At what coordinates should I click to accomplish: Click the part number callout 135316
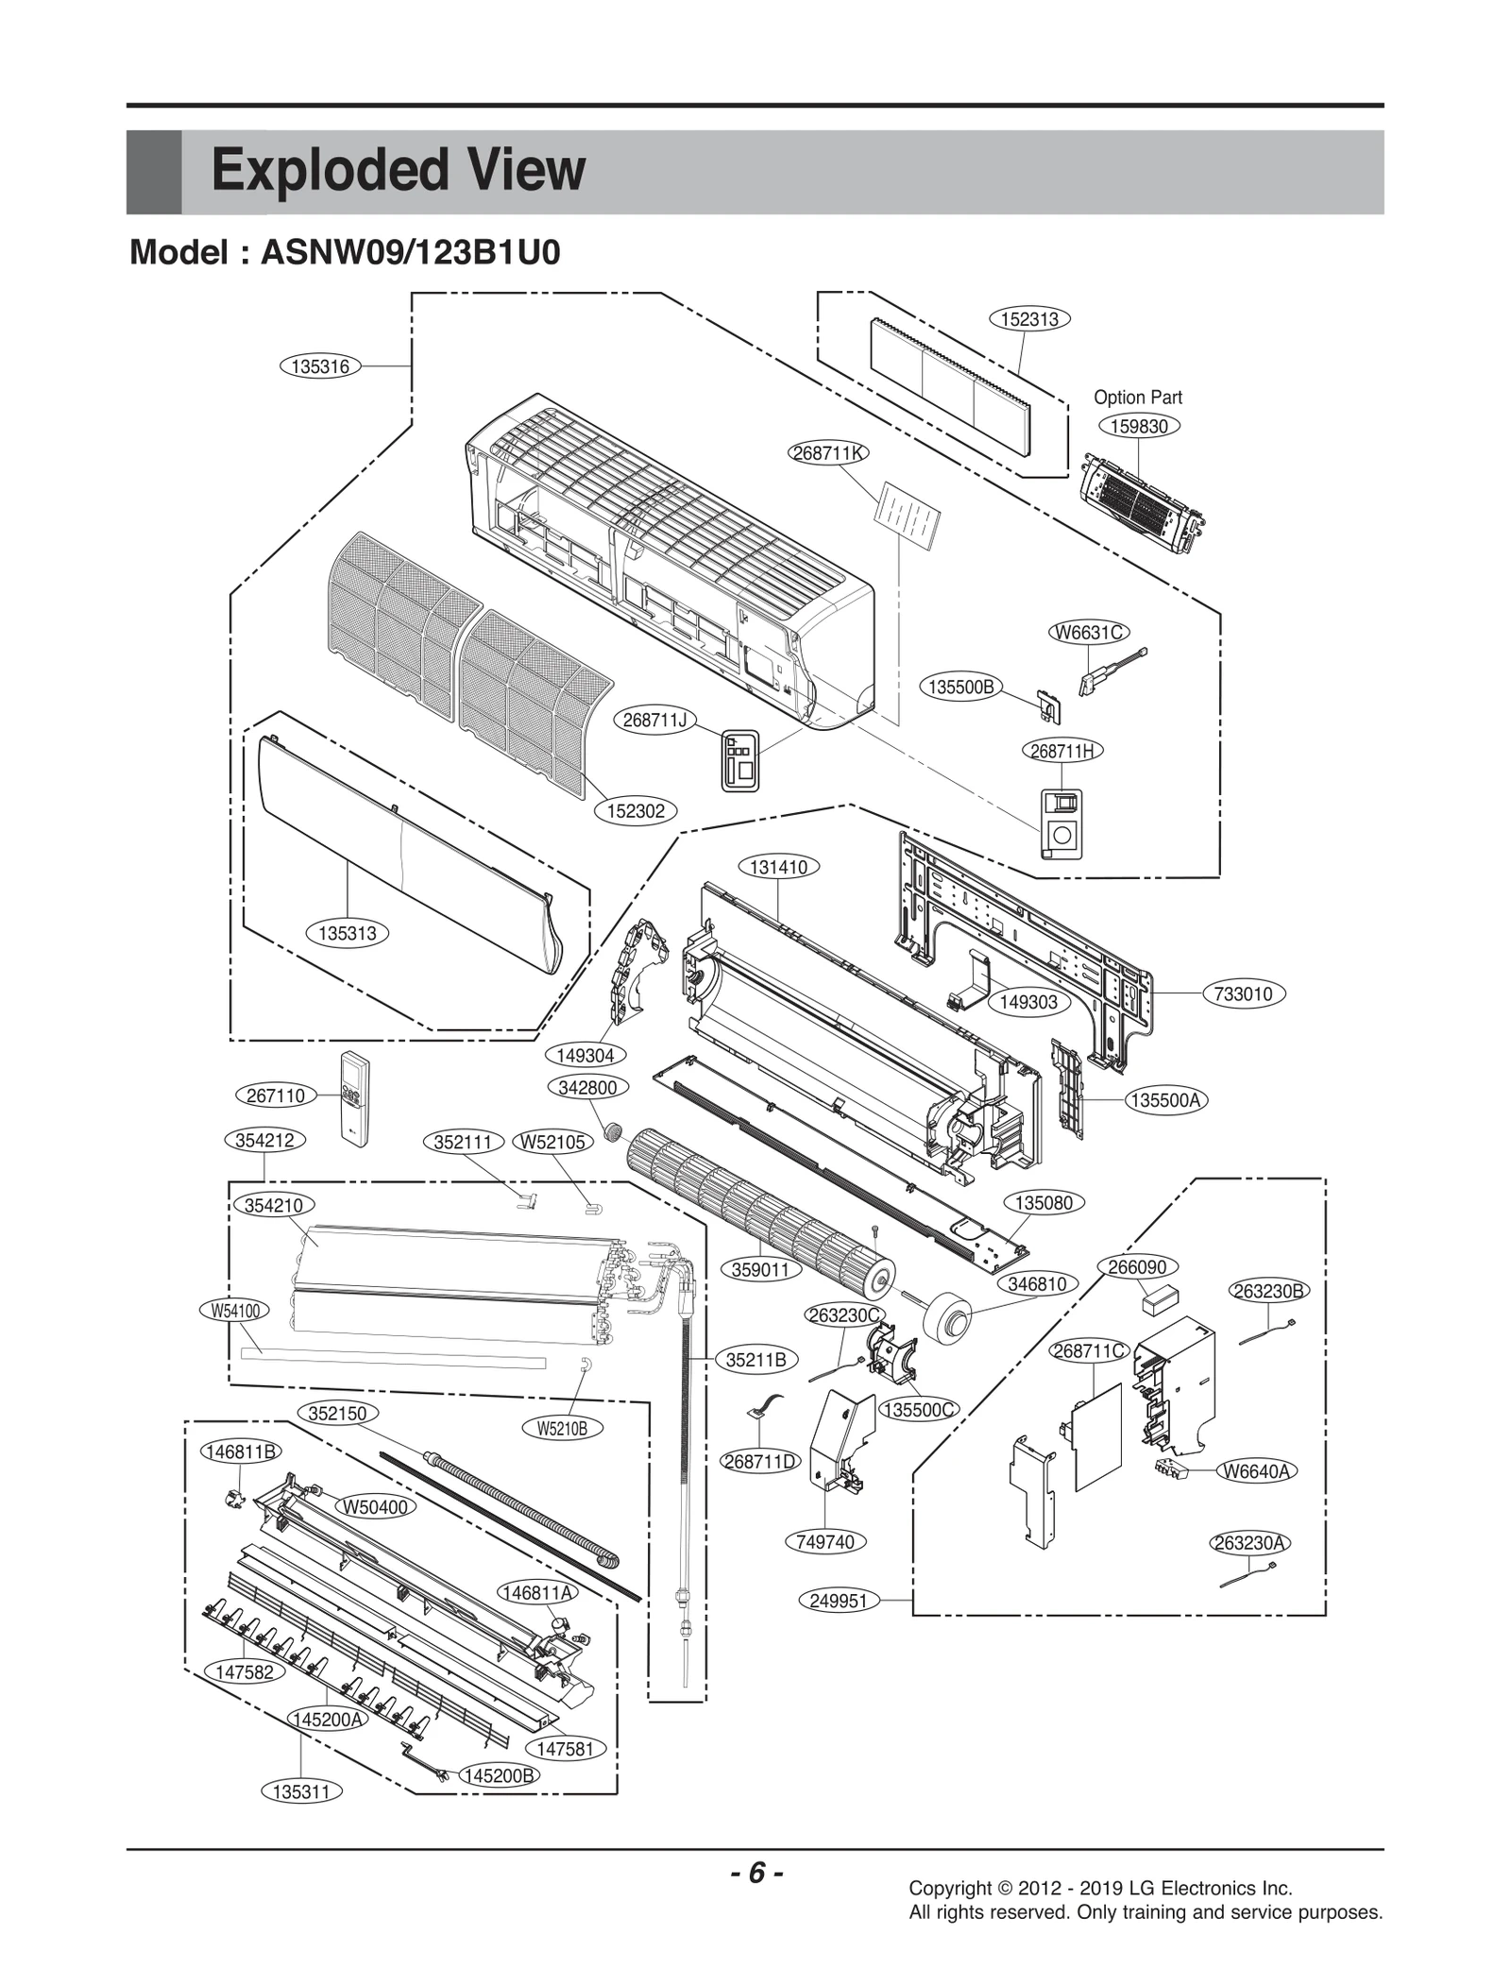321,366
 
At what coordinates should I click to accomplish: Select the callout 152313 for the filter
1029,319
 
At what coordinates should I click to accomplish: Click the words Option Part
1137,398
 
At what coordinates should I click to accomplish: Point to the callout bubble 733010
1244,993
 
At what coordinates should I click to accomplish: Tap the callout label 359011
760,1269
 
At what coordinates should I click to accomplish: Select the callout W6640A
1258,1470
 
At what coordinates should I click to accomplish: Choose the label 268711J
654,720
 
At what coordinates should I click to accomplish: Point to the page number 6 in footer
755,1873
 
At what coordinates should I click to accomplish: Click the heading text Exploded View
398,171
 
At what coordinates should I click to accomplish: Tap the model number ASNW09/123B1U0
411,253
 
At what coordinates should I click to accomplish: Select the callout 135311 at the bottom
300,1791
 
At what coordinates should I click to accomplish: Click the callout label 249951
839,1601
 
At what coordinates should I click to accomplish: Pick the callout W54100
235,1310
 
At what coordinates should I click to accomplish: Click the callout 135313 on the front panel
347,934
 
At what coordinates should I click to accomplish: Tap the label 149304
586,1055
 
